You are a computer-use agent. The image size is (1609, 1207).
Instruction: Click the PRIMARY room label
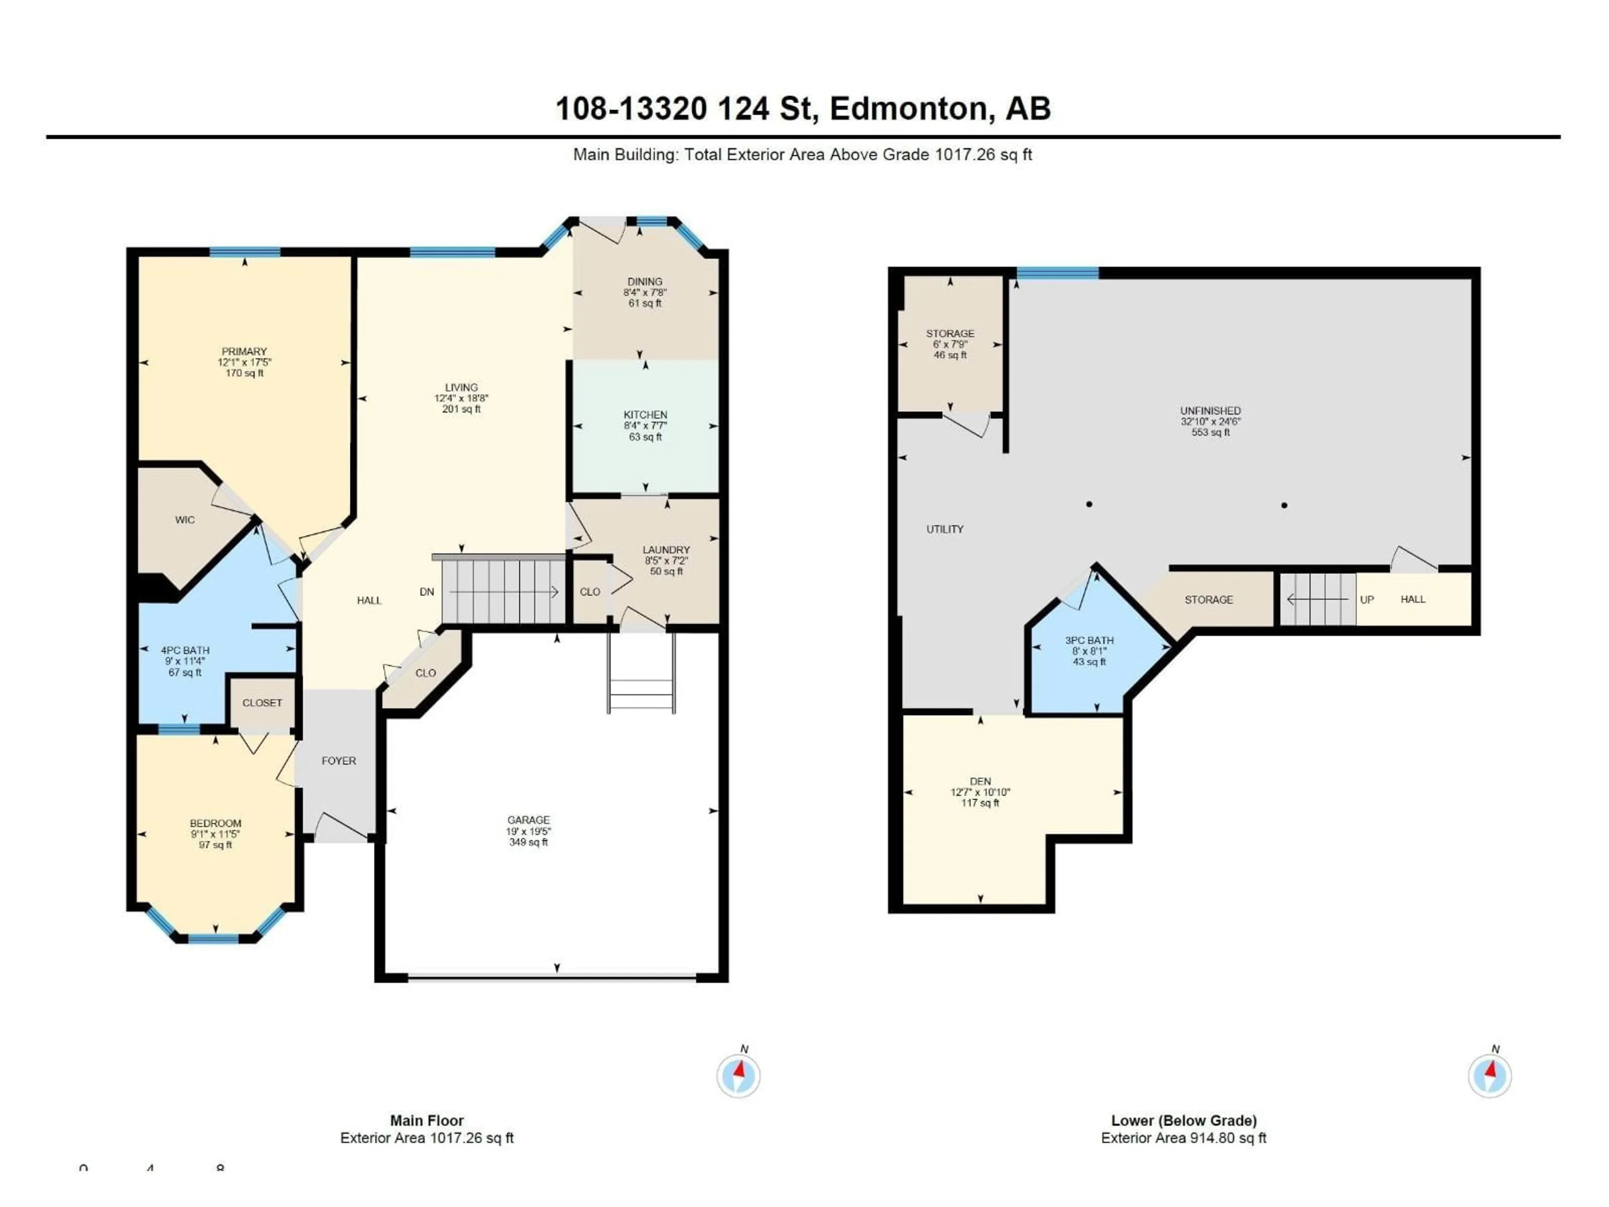point(244,351)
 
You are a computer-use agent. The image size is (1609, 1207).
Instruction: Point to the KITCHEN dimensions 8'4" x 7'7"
point(645,426)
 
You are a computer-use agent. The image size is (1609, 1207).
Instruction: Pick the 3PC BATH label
point(1089,640)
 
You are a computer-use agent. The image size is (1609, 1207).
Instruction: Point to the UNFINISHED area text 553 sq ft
point(1211,432)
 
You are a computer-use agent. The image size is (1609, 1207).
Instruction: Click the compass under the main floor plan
point(738,1075)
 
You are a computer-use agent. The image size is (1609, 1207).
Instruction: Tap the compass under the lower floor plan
point(1490,1075)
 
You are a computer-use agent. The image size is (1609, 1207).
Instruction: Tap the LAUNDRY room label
point(666,550)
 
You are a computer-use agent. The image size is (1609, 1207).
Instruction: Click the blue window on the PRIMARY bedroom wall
point(245,252)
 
